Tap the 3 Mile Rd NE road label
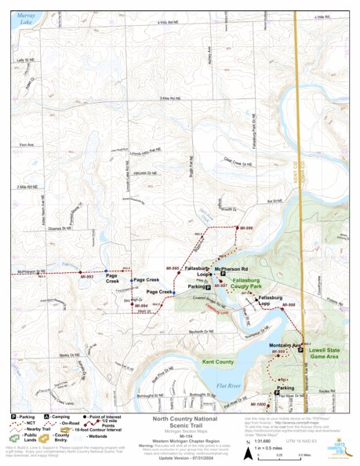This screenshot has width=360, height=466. (169, 98)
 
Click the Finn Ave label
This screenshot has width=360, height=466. (27, 144)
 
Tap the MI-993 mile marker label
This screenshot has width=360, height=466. (87, 277)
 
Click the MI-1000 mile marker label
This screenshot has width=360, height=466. (257, 404)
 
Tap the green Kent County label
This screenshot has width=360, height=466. (217, 362)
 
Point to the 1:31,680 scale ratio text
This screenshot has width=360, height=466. (264, 442)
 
